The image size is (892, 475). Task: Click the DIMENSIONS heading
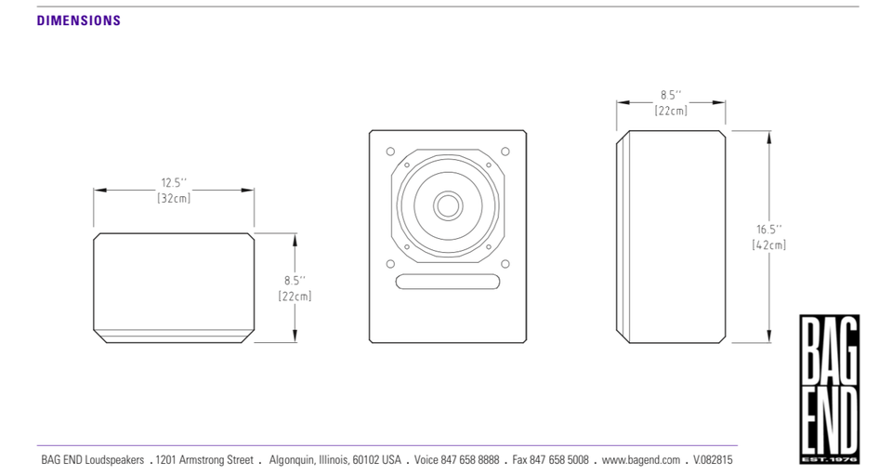78,20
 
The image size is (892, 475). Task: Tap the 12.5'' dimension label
174,182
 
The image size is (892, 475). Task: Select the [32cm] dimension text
174,198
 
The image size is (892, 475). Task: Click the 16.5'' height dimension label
769,230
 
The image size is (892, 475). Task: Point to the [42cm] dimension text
769,244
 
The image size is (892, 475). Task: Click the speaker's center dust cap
448,205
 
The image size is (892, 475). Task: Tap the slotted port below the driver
448,282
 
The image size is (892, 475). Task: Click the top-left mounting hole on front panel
390,152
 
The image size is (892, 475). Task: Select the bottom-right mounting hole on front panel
505,264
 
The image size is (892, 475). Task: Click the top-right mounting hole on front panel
505,152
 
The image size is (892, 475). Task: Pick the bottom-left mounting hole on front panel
390,264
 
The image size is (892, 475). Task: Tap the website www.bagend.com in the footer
640,459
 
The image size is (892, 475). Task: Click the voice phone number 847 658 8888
470,459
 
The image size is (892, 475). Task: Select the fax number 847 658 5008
559,459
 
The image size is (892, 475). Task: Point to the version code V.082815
713,459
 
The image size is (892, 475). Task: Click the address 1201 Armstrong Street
204,459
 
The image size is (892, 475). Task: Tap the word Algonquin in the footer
292,459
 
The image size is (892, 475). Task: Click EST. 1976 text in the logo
830,458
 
